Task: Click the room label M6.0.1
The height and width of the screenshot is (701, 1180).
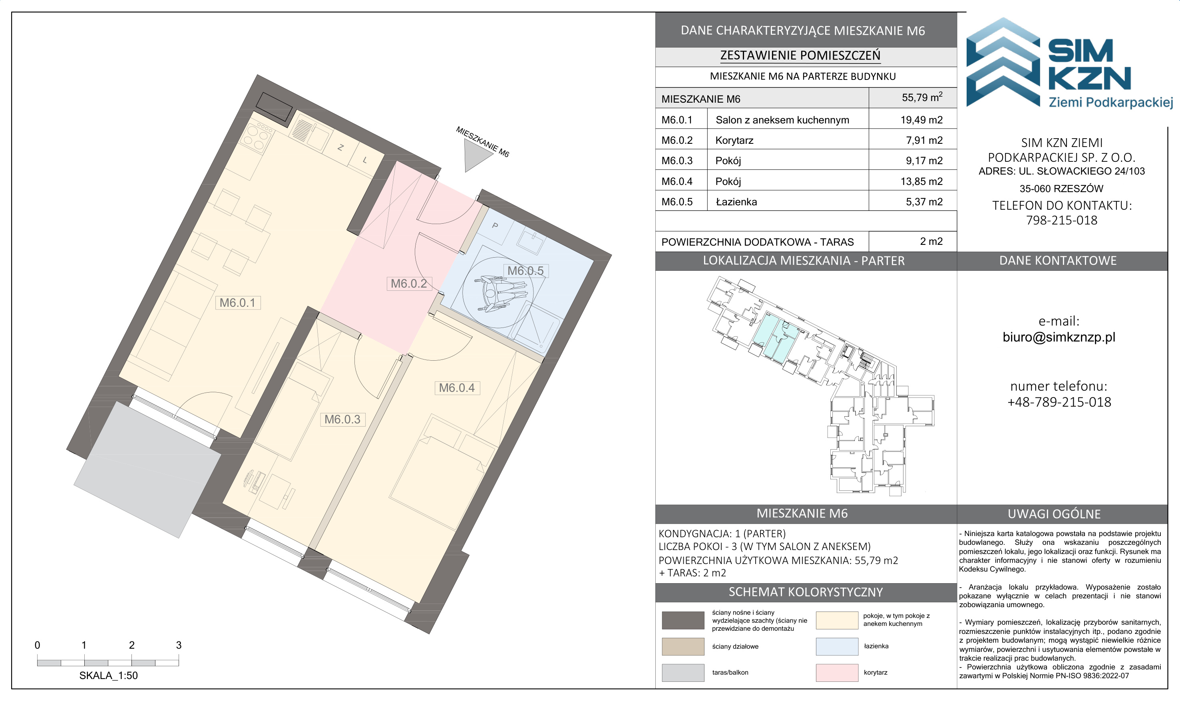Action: tap(238, 303)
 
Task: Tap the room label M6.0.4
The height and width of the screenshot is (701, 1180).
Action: tap(457, 388)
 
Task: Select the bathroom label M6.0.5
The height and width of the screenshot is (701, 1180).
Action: tap(525, 271)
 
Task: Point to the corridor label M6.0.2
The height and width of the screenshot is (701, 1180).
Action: tap(409, 284)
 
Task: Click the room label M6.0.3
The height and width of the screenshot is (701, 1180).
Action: tap(342, 419)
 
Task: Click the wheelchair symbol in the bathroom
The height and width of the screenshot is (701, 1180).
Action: tap(502, 294)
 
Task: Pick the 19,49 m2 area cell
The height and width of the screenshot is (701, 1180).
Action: tap(921, 120)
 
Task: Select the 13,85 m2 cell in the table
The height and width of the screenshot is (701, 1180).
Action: tap(921, 181)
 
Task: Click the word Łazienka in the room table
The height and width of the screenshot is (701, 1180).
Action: tap(736, 202)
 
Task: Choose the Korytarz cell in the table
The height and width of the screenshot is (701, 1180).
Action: tap(734, 140)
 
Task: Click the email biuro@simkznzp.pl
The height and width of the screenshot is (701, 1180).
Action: tap(1059, 337)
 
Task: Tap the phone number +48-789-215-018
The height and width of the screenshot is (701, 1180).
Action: tap(1059, 402)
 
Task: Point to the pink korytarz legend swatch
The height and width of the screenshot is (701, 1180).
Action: tap(837, 673)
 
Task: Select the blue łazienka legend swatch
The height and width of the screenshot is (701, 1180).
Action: tap(837, 646)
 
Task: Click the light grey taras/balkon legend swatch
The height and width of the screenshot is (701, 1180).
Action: tap(683, 673)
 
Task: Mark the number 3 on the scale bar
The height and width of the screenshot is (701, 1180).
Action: tap(179, 645)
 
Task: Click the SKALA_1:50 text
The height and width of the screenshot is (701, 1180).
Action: tap(109, 676)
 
